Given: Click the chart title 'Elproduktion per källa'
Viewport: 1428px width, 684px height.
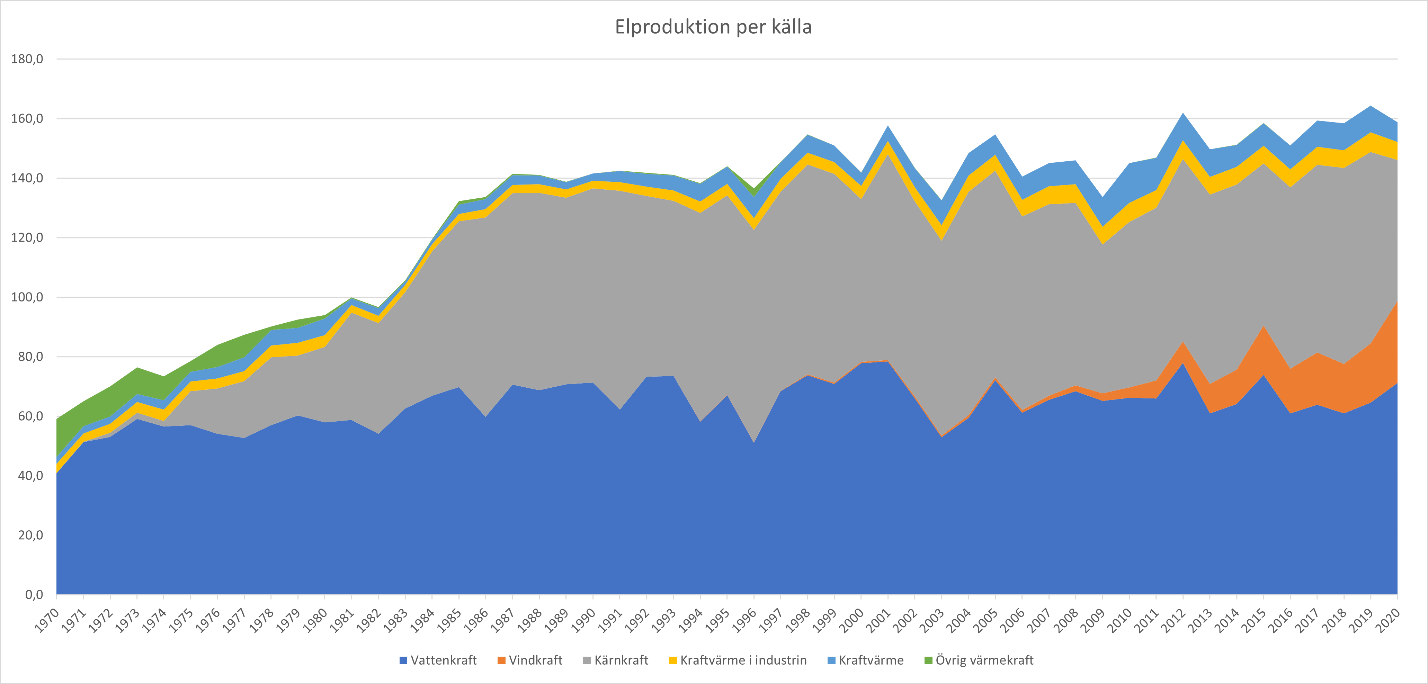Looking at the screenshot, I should tap(713, 27).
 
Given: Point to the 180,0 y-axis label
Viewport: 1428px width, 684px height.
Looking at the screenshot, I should tap(27, 59).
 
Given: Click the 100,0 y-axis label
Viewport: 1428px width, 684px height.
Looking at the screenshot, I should tap(27, 297).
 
